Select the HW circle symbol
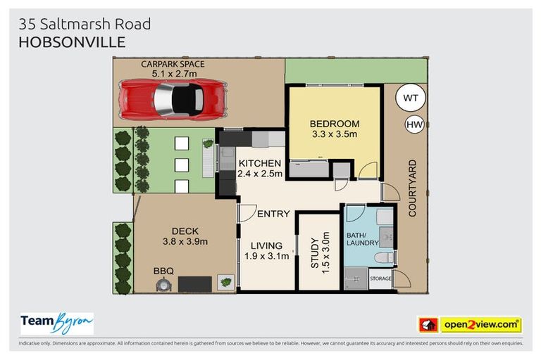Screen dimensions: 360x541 414,125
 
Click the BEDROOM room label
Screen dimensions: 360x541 335,124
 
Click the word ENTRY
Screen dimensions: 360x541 273,214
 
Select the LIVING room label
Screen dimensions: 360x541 266,245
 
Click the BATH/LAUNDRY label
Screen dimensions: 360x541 362,239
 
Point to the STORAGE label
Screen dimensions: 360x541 380,279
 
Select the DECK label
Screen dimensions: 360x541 185,231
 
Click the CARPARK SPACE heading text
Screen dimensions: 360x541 173,64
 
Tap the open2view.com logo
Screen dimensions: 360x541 480,325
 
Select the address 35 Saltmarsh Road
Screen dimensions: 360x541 85,24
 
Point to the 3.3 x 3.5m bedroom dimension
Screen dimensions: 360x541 335,134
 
